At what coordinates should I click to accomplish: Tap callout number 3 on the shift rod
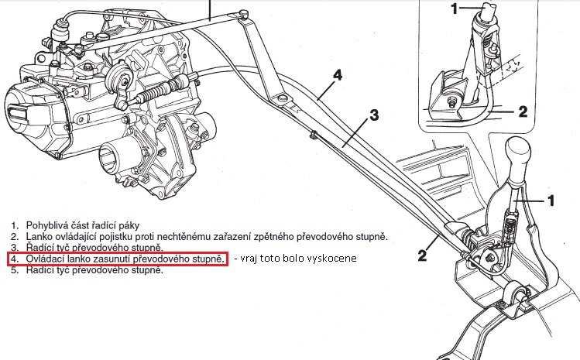[373, 116]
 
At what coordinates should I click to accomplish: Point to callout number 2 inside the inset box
[522, 111]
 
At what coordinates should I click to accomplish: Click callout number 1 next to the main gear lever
[551, 201]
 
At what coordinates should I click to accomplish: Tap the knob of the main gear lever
[520, 153]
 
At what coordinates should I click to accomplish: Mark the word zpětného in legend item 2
[290, 235]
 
